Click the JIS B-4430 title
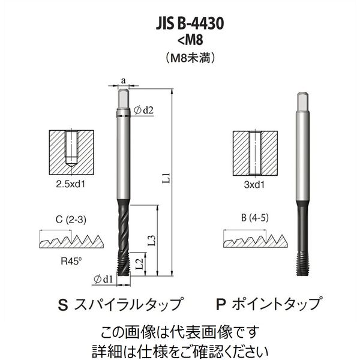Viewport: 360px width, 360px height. click(x=190, y=23)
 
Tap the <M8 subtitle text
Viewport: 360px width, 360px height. click(x=190, y=40)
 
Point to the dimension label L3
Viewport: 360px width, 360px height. click(x=152, y=239)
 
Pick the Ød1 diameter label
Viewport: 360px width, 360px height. click(x=104, y=279)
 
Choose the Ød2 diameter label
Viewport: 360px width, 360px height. click(x=143, y=110)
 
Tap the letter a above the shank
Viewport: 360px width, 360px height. click(x=123, y=81)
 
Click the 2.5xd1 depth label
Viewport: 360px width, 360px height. click(x=70, y=184)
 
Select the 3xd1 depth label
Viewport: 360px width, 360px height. click(x=254, y=185)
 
